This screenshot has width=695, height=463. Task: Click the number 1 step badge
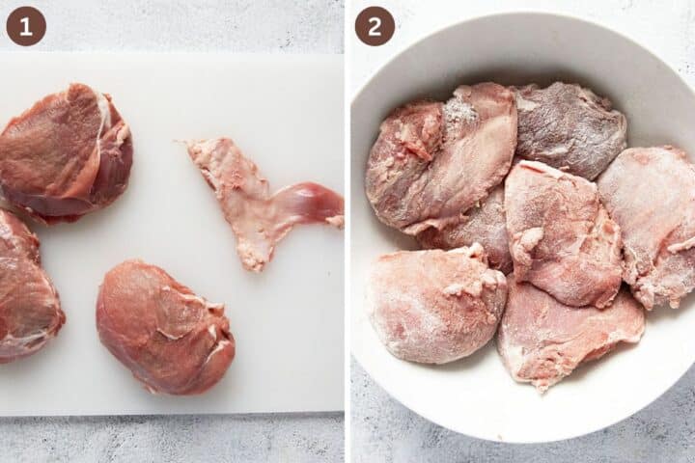[x=26, y=26]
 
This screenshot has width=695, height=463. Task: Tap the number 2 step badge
[x=375, y=26]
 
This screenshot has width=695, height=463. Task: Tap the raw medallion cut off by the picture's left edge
[x=25, y=289]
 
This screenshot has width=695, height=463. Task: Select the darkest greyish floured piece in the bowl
[x=570, y=130]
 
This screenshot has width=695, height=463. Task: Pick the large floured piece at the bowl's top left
[x=444, y=159]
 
